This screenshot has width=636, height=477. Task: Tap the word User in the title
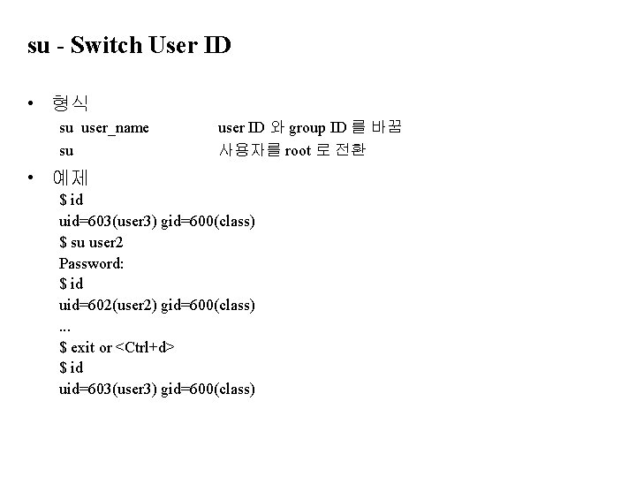pyautogui.click(x=173, y=45)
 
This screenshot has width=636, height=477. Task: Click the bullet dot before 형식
pyautogui.click(x=32, y=104)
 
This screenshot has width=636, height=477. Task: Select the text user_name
pyautogui.click(x=115, y=128)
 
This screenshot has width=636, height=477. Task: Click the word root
pyautogui.click(x=298, y=150)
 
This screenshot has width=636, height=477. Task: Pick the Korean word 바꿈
pyautogui.click(x=386, y=128)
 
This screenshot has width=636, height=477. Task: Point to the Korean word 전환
pyautogui.click(x=350, y=150)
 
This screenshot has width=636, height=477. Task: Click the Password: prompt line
pyautogui.click(x=90, y=263)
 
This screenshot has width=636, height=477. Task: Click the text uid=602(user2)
pyautogui.click(x=109, y=306)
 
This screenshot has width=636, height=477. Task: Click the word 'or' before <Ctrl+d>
pyautogui.click(x=106, y=347)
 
